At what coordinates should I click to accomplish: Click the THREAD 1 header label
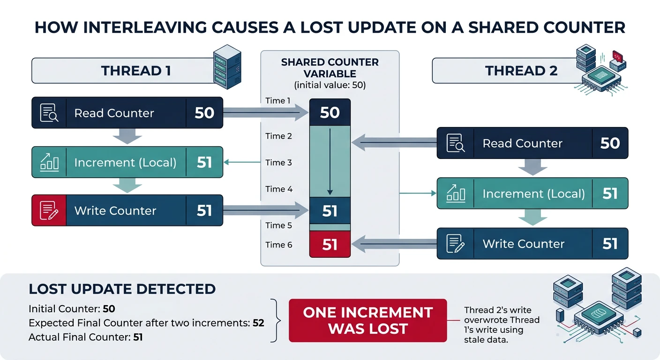coord(136,71)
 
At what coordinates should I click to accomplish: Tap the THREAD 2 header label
coord(521,71)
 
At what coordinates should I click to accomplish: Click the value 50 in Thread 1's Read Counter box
coord(204,113)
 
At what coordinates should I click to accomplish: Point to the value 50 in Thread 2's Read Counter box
coord(610,143)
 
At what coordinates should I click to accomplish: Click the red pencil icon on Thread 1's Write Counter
coord(49,210)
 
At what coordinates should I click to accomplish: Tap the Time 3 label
coord(278,163)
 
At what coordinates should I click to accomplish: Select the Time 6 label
coord(278,245)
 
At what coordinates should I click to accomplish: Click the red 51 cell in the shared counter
coord(330,245)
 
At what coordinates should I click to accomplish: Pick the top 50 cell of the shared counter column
coord(330,112)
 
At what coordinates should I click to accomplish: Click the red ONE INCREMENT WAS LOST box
coord(368,321)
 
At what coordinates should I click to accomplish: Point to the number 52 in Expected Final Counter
coord(258,323)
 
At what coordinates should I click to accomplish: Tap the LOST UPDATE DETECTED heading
coord(122,289)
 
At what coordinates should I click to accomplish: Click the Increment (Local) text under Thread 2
coord(533,194)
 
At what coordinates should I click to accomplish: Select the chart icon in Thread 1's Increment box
coord(49,162)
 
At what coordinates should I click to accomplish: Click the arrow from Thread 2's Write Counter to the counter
coord(394,243)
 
